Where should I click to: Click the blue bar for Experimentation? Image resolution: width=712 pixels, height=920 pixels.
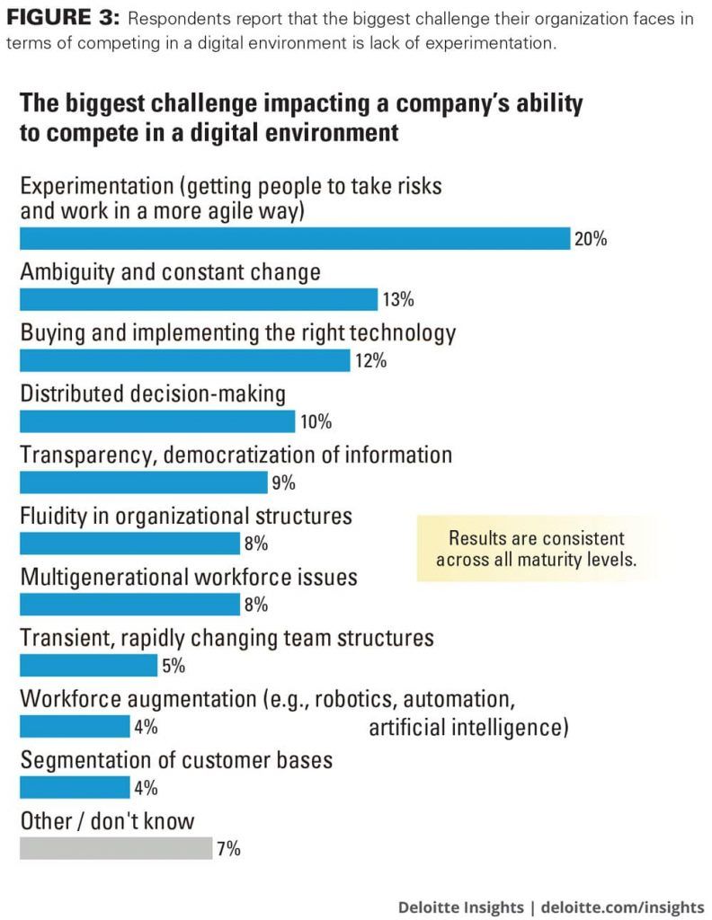click(x=295, y=238)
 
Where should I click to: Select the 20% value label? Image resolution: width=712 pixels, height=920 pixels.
click(x=591, y=239)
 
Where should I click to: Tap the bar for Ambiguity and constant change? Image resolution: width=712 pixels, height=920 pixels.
click(x=199, y=299)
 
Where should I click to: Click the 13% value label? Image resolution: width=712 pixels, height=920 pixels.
click(x=398, y=300)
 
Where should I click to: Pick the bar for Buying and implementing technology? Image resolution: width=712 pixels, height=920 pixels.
click(x=185, y=360)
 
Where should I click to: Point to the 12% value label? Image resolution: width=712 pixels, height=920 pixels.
click(x=370, y=361)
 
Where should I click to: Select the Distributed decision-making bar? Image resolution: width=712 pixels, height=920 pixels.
click(x=157, y=421)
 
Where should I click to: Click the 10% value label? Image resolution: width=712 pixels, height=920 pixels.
click(x=316, y=422)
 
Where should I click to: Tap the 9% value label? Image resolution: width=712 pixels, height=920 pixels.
click(x=283, y=482)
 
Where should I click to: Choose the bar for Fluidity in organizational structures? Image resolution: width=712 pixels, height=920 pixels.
click(x=129, y=544)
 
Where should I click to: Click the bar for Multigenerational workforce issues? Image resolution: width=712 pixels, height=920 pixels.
click(x=129, y=605)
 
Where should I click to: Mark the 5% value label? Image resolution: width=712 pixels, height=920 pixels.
click(x=174, y=666)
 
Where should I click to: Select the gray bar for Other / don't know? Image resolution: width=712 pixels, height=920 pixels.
click(x=116, y=848)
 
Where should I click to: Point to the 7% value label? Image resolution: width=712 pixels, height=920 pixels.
click(x=229, y=849)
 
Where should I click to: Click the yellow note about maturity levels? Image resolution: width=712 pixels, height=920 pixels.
click(x=536, y=548)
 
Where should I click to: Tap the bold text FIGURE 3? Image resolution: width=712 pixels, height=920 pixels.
click(x=63, y=18)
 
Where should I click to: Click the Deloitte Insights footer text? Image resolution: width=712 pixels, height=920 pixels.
click(x=460, y=907)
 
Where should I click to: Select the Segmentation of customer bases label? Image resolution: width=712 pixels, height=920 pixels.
click(x=176, y=760)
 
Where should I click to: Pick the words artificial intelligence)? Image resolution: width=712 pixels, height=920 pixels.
click(x=468, y=728)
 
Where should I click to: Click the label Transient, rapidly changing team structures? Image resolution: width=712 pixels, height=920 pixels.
click(x=227, y=638)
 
